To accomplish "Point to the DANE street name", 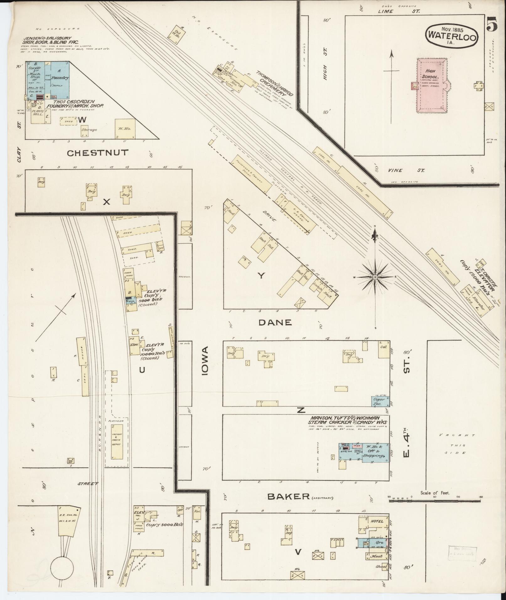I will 275,322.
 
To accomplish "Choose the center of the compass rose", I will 375,277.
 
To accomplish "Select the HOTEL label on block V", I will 377,521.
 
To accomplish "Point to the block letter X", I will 107,202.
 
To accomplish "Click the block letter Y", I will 261,275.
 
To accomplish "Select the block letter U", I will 142,370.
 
